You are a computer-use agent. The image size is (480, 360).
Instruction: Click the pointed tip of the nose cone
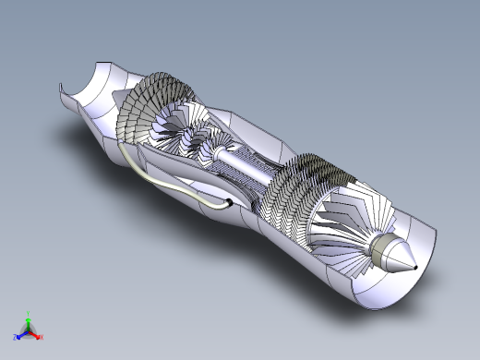point(414,267)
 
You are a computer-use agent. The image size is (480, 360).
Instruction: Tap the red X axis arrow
point(37,337)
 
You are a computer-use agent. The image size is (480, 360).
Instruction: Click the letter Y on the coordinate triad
point(29,314)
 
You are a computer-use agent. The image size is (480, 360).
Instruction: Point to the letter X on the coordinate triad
point(42,339)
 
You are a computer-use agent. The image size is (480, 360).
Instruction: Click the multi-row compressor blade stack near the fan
point(295,189)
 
